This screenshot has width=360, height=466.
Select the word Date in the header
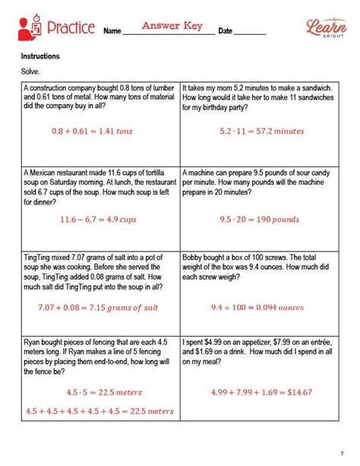pyautogui.click(x=226, y=31)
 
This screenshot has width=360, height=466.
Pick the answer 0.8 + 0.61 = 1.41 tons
pyautogui.click(x=93, y=131)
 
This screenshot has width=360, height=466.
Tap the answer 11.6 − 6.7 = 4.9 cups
pyautogui.click(x=93, y=220)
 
